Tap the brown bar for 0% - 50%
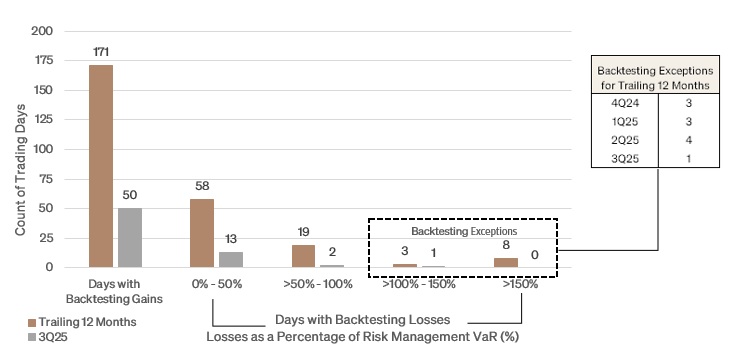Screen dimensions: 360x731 202,233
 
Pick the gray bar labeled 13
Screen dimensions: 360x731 231,259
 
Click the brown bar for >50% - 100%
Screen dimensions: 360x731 303,256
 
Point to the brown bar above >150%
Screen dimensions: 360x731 506,262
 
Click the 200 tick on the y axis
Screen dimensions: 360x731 41,31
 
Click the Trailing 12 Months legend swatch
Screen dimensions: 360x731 32,321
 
